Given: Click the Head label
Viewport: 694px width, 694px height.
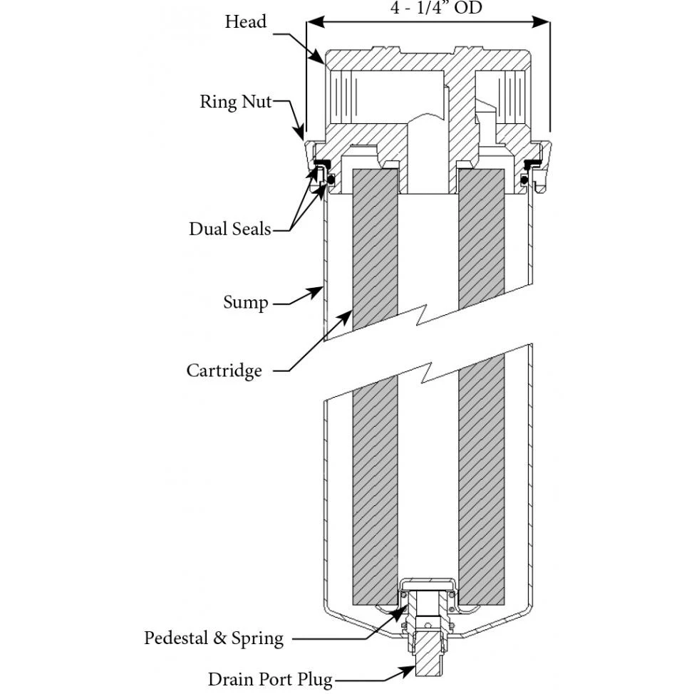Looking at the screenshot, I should [245, 21].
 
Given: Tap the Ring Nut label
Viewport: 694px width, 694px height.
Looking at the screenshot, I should [235, 101].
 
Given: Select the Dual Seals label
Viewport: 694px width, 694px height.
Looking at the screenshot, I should [229, 229].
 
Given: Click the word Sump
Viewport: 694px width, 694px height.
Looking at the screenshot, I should [246, 302].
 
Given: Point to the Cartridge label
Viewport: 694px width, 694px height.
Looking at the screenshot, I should [224, 371].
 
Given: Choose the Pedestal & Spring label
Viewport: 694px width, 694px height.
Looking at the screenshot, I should [214, 638].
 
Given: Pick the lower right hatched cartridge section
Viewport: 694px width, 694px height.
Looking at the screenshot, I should [480, 485].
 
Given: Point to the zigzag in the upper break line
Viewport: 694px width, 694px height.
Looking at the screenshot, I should [428, 311].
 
